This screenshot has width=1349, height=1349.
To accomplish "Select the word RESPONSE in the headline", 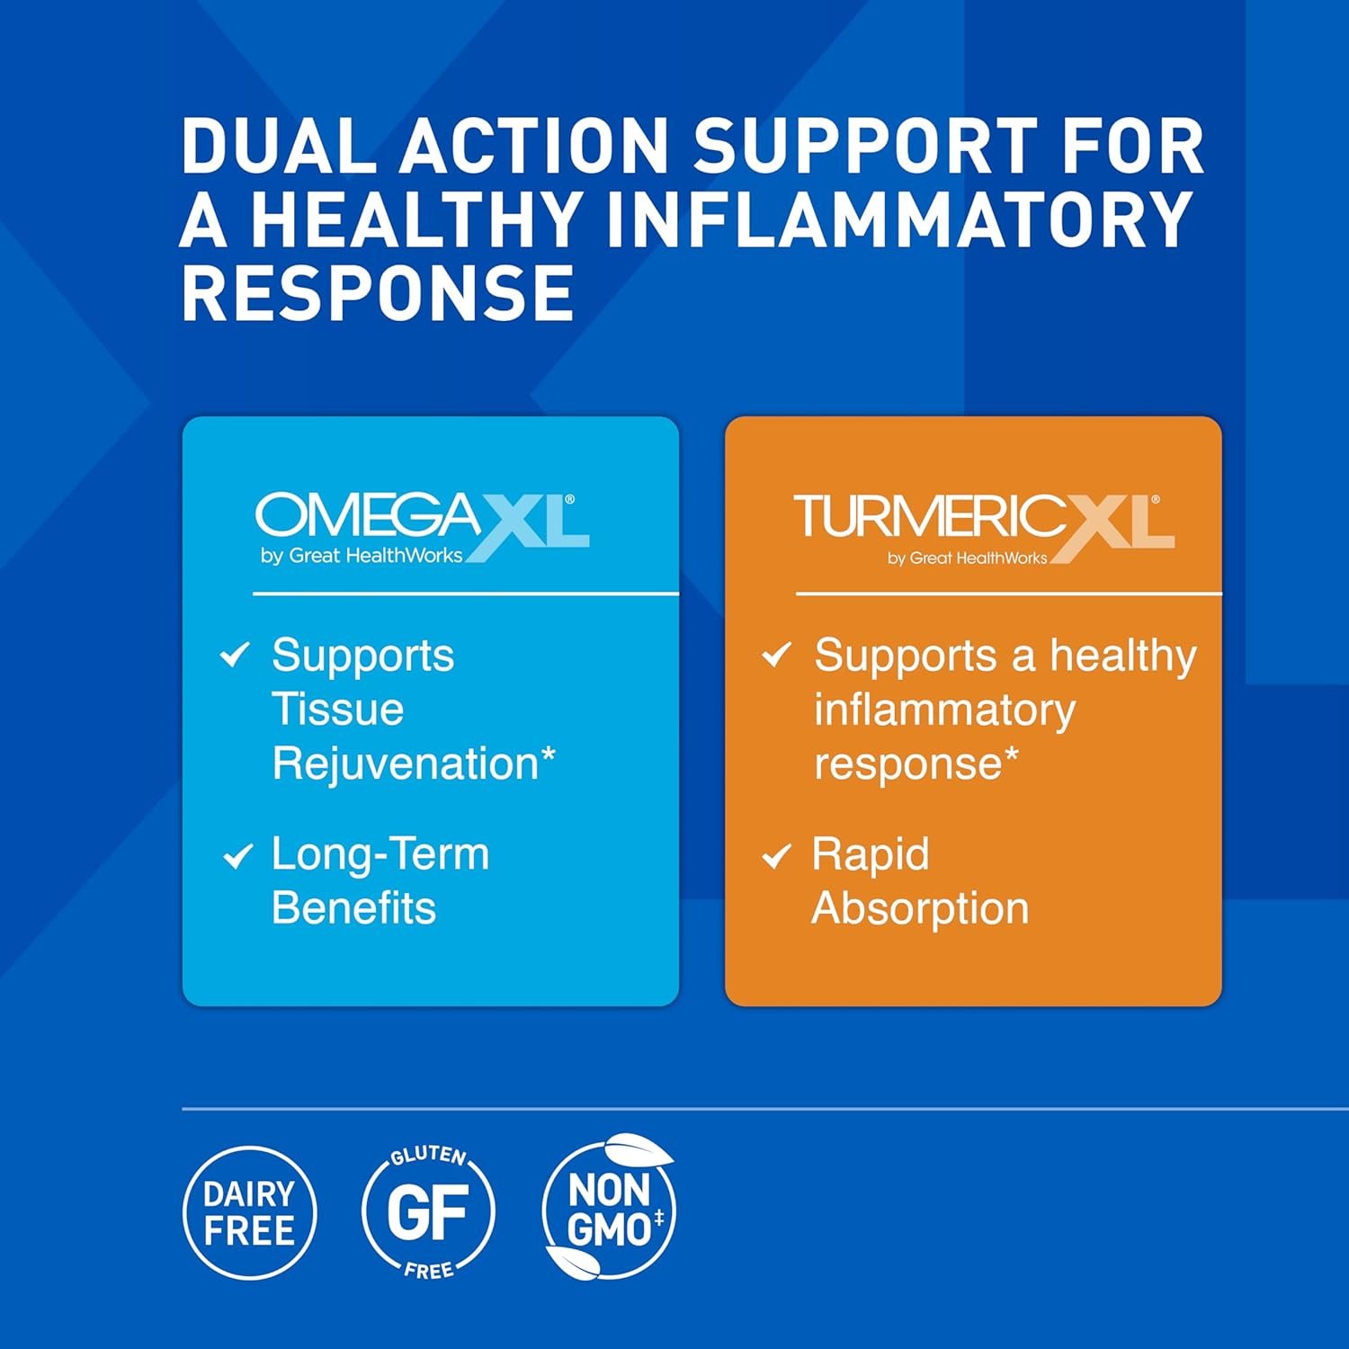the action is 378,292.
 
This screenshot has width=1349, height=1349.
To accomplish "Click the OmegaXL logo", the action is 423,528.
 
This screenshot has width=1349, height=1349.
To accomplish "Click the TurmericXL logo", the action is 984,530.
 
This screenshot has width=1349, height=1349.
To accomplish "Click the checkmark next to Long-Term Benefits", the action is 237,855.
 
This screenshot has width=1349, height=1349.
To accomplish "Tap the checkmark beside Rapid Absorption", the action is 776,855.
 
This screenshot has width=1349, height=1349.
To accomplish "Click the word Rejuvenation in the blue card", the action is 414,765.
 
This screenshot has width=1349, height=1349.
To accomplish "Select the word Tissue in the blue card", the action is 337,709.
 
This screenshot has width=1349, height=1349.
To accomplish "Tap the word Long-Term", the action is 380,854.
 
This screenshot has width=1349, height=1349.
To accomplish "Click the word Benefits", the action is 353,907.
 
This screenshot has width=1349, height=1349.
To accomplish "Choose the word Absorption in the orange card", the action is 920,909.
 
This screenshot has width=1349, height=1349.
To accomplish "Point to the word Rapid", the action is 870,855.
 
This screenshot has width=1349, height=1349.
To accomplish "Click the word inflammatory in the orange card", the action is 944,710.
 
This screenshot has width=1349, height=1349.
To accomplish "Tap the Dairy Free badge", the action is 250,1212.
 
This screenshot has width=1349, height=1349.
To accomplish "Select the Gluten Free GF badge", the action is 428,1212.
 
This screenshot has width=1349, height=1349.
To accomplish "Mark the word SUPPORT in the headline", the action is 864,146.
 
